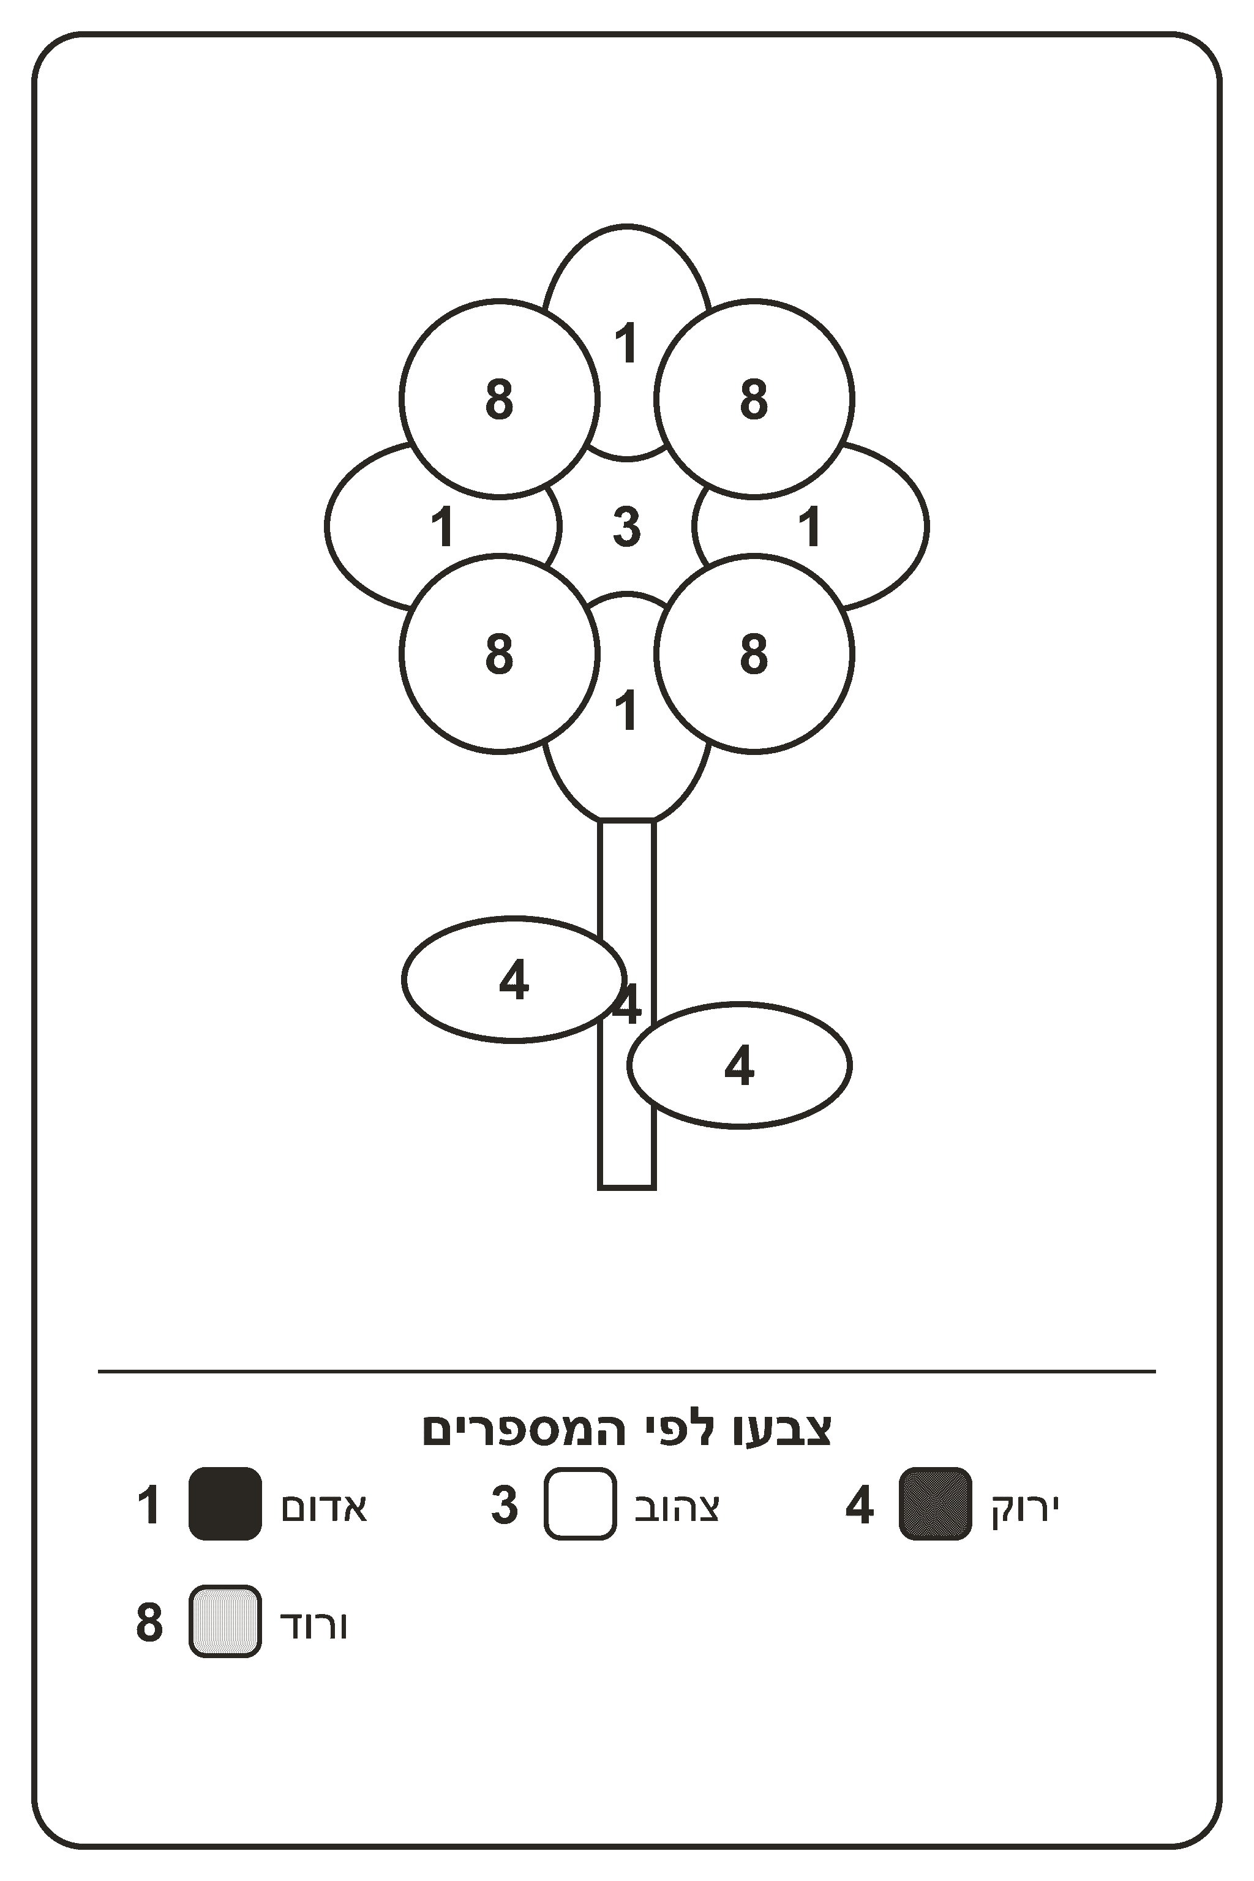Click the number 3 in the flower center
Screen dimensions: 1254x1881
pyautogui.click(x=627, y=527)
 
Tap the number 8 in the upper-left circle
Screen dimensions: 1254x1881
pyautogui.click(x=499, y=399)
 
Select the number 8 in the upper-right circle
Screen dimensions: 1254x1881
pyautogui.click(x=753, y=399)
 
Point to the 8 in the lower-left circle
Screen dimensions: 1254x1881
pyautogui.click(x=499, y=654)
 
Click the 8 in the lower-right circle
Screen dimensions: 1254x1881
pyautogui.click(x=753, y=654)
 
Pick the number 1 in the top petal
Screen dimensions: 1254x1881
pyautogui.click(x=626, y=343)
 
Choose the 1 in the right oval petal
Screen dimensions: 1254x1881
pyautogui.click(x=810, y=527)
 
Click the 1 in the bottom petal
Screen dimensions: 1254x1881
pyautogui.click(x=626, y=710)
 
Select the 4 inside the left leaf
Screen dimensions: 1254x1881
pyautogui.click(x=514, y=980)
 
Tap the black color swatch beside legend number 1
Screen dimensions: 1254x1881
pyautogui.click(x=225, y=1504)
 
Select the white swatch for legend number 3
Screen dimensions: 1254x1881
pyautogui.click(x=580, y=1504)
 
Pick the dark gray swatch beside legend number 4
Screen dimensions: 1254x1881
pyautogui.click(x=936, y=1504)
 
